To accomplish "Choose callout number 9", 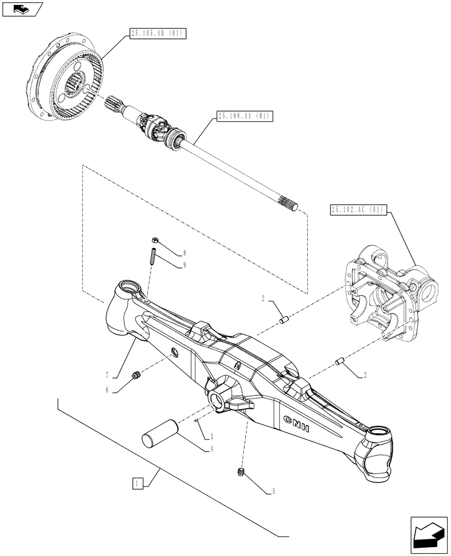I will coord(184,265).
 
